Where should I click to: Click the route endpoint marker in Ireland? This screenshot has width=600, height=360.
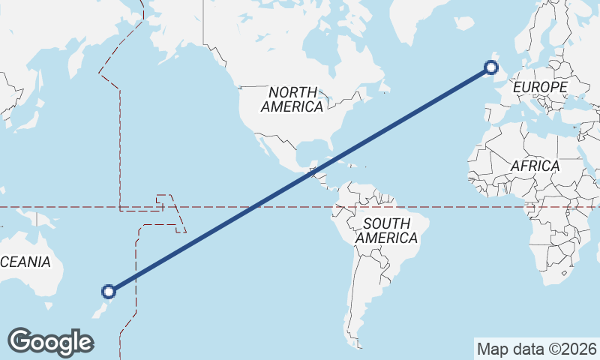click(x=491, y=68)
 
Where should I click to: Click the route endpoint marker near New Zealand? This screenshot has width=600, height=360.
click(x=109, y=291)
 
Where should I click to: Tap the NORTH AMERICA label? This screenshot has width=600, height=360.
click(x=292, y=99)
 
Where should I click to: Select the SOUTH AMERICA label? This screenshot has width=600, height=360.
click(x=386, y=230)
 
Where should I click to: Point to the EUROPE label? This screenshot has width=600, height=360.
click(x=540, y=87)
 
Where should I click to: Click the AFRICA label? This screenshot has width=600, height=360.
click(x=535, y=166)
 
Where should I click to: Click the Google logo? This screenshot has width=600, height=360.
click(x=50, y=341)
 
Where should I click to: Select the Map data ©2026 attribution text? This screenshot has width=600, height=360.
click(x=536, y=349)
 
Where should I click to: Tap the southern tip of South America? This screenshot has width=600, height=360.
click(x=353, y=334)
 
